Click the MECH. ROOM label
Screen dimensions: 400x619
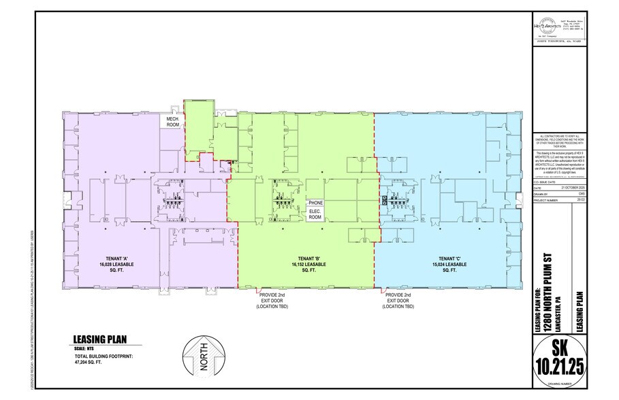click(169, 121)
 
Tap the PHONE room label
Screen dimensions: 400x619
click(315, 203)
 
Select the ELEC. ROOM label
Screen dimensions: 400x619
click(315, 216)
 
